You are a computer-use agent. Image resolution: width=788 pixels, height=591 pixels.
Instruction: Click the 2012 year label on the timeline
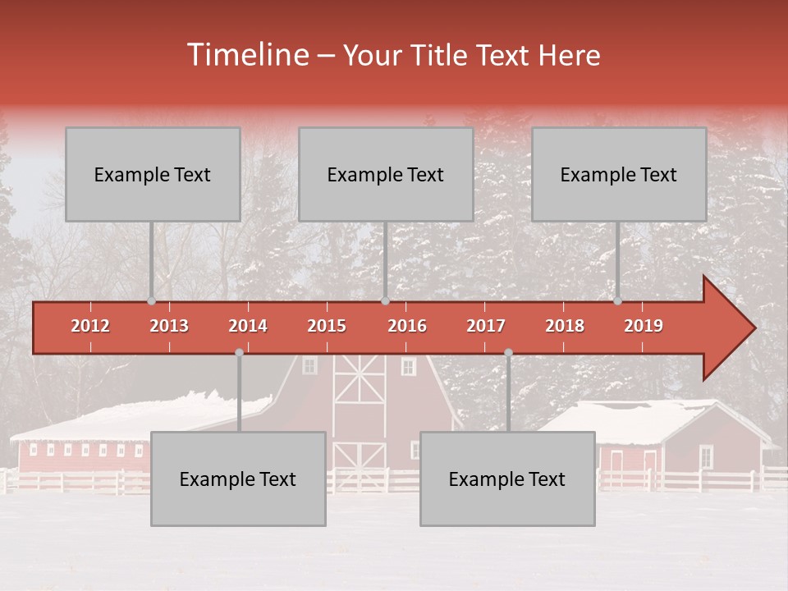tap(90, 326)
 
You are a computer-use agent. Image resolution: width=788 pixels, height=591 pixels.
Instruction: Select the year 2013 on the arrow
tap(169, 326)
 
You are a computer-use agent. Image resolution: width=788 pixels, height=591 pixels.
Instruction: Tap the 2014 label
tap(248, 326)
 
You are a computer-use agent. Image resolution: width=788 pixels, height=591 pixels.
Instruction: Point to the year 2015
tap(327, 326)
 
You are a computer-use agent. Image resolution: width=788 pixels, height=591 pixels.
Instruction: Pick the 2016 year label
tap(407, 326)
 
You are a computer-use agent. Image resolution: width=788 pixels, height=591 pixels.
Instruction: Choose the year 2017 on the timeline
tap(486, 326)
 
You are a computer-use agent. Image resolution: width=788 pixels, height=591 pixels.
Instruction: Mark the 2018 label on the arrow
tap(565, 326)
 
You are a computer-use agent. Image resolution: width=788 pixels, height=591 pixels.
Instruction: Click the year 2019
tap(644, 326)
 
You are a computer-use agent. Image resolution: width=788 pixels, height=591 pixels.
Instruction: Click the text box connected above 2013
tap(153, 174)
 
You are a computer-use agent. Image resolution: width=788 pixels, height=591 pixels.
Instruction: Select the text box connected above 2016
tap(386, 174)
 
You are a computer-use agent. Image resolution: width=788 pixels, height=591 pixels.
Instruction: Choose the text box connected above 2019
tap(619, 174)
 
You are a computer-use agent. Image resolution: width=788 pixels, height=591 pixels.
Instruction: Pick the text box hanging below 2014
tap(238, 479)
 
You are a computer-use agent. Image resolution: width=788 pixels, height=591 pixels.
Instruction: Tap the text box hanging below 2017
tap(507, 479)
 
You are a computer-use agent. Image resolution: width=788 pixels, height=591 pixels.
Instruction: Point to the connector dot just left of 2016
tap(385, 301)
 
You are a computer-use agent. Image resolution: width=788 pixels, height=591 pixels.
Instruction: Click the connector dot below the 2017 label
tap(508, 353)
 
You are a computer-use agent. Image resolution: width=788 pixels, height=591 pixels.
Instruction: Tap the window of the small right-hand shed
tap(706, 456)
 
